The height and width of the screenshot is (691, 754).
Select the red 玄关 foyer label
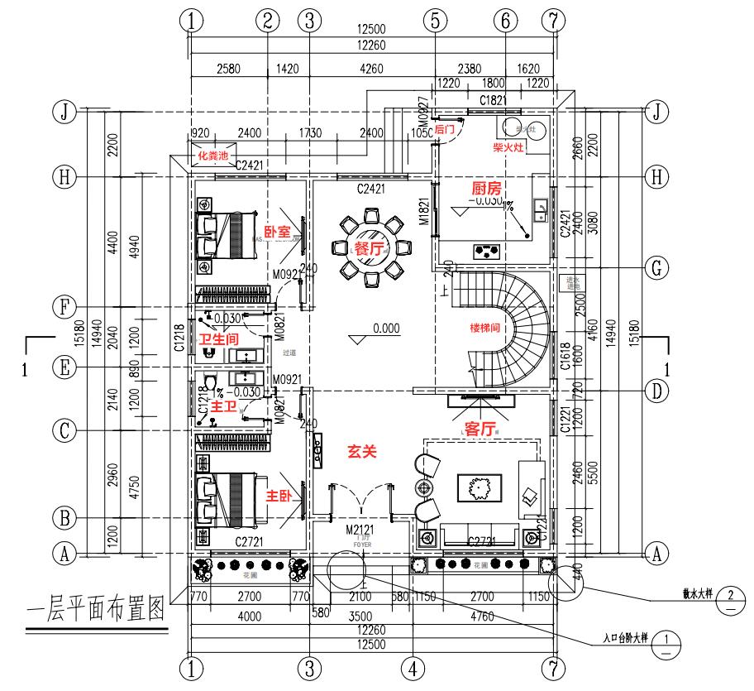[x=361, y=452]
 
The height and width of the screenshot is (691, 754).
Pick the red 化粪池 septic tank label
[x=212, y=155]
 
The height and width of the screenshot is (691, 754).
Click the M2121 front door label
[x=361, y=529]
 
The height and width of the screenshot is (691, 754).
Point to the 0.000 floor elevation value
[x=386, y=329]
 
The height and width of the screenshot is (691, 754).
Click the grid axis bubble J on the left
[x=60, y=111]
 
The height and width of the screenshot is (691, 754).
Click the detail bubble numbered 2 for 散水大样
[x=729, y=597]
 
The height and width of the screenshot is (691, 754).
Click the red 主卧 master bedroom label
[x=277, y=496]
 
